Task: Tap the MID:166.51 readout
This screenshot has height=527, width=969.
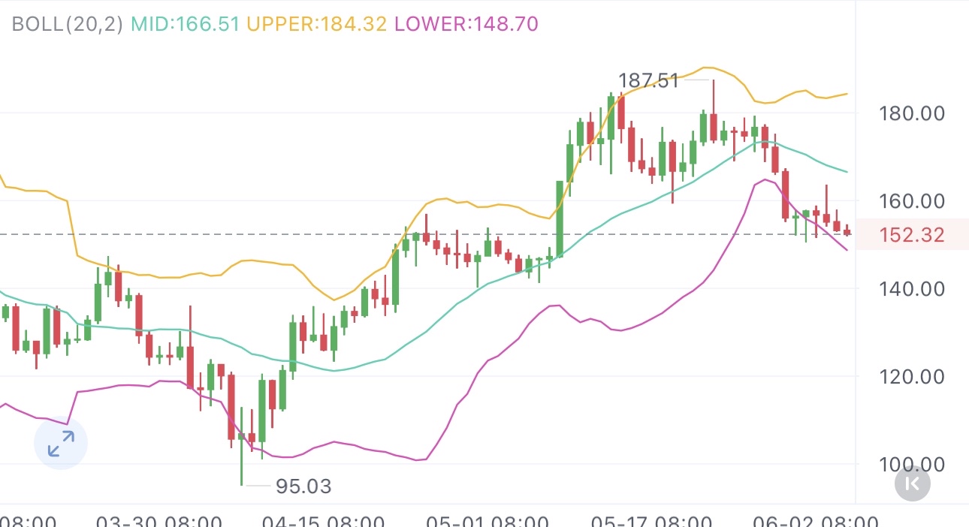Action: (185, 23)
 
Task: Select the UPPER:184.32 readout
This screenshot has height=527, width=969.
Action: (316, 23)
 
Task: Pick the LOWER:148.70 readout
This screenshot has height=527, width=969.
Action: (466, 23)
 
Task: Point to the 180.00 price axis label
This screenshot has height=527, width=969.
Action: (911, 114)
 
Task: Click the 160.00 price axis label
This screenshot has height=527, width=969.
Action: (911, 201)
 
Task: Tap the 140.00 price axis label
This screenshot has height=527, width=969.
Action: (911, 289)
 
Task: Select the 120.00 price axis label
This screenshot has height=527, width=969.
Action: (911, 376)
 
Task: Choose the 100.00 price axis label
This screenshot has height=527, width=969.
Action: (911, 464)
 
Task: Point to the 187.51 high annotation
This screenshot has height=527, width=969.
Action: (648, 80)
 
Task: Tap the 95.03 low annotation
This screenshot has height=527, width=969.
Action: (303, 486)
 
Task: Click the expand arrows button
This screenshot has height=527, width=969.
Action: (61, 443)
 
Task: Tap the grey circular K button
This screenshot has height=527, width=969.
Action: (913, 484)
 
